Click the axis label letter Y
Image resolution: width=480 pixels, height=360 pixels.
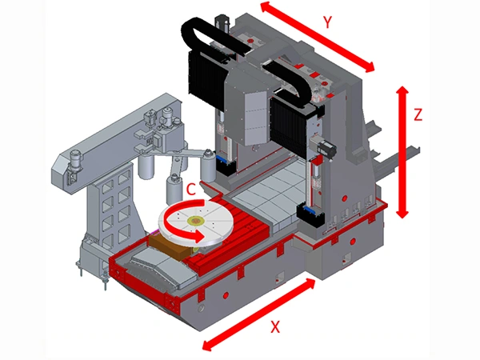327,22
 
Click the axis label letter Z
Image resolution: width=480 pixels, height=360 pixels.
418,114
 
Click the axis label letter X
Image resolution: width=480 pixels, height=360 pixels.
275,326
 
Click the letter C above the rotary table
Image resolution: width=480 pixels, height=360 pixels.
190,190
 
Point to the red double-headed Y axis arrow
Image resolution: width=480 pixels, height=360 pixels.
317,37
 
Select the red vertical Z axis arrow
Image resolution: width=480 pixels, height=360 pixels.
402,152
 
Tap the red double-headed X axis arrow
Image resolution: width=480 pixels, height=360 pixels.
259,314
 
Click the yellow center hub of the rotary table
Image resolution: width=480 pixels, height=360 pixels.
194,220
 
